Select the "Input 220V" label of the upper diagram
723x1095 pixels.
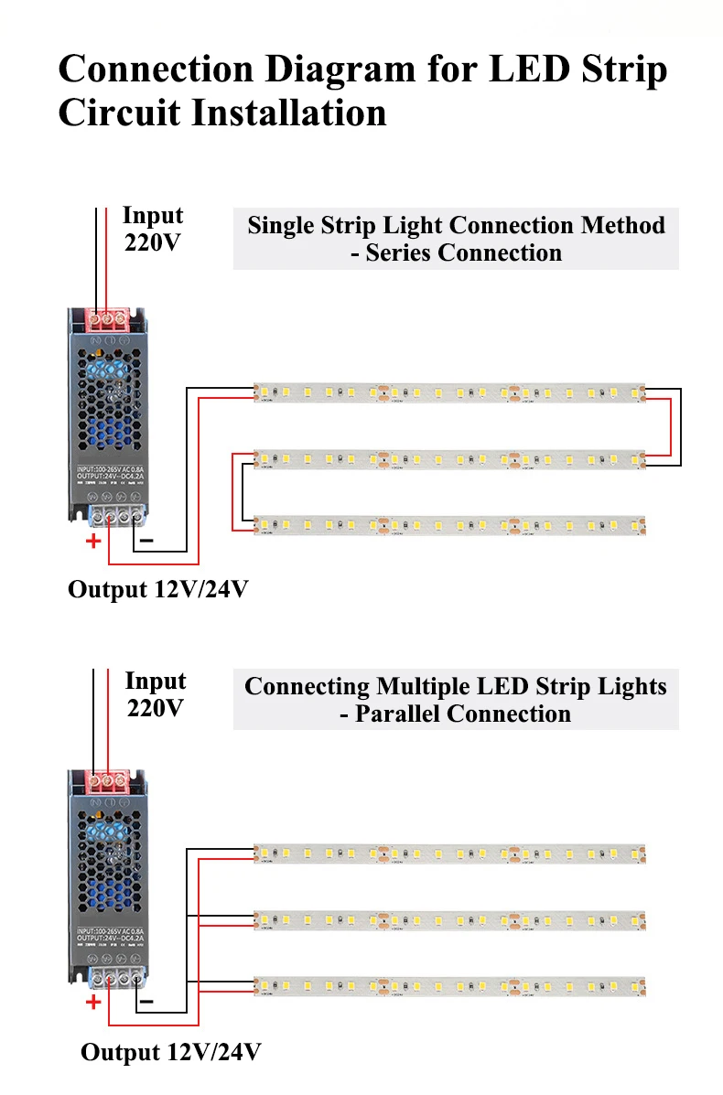[153, 230]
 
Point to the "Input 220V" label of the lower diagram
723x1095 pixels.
[155, 694]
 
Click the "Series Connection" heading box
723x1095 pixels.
[456, 239]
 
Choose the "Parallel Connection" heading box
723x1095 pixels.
[456, 700]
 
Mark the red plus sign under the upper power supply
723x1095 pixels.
[92, 541]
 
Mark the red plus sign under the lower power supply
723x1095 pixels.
[92, 1003]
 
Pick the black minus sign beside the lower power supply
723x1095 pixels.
[146, 1003]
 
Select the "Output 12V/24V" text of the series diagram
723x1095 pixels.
[157, 589]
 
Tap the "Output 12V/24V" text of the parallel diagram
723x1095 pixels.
[171, 1052]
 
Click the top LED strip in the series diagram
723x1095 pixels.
[448, 392]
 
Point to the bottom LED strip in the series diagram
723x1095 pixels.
[448, 525]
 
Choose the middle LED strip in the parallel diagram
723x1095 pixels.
[448, 918]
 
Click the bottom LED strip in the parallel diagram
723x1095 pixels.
[448, 986]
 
